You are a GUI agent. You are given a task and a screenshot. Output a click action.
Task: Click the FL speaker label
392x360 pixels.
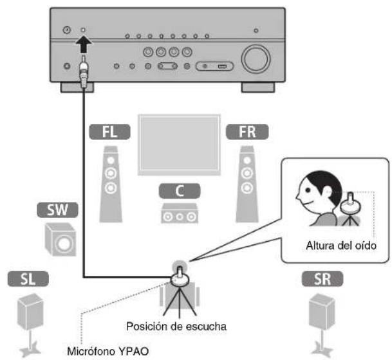111,132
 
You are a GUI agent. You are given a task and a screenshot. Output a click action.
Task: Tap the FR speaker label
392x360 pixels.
245,132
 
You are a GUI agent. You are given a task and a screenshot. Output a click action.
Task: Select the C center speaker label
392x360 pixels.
177,190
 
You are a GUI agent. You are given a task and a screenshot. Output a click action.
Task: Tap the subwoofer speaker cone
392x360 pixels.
63,244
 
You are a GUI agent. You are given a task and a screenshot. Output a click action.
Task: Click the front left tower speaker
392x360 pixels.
111,183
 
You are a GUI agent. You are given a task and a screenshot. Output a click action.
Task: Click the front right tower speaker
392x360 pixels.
245,183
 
